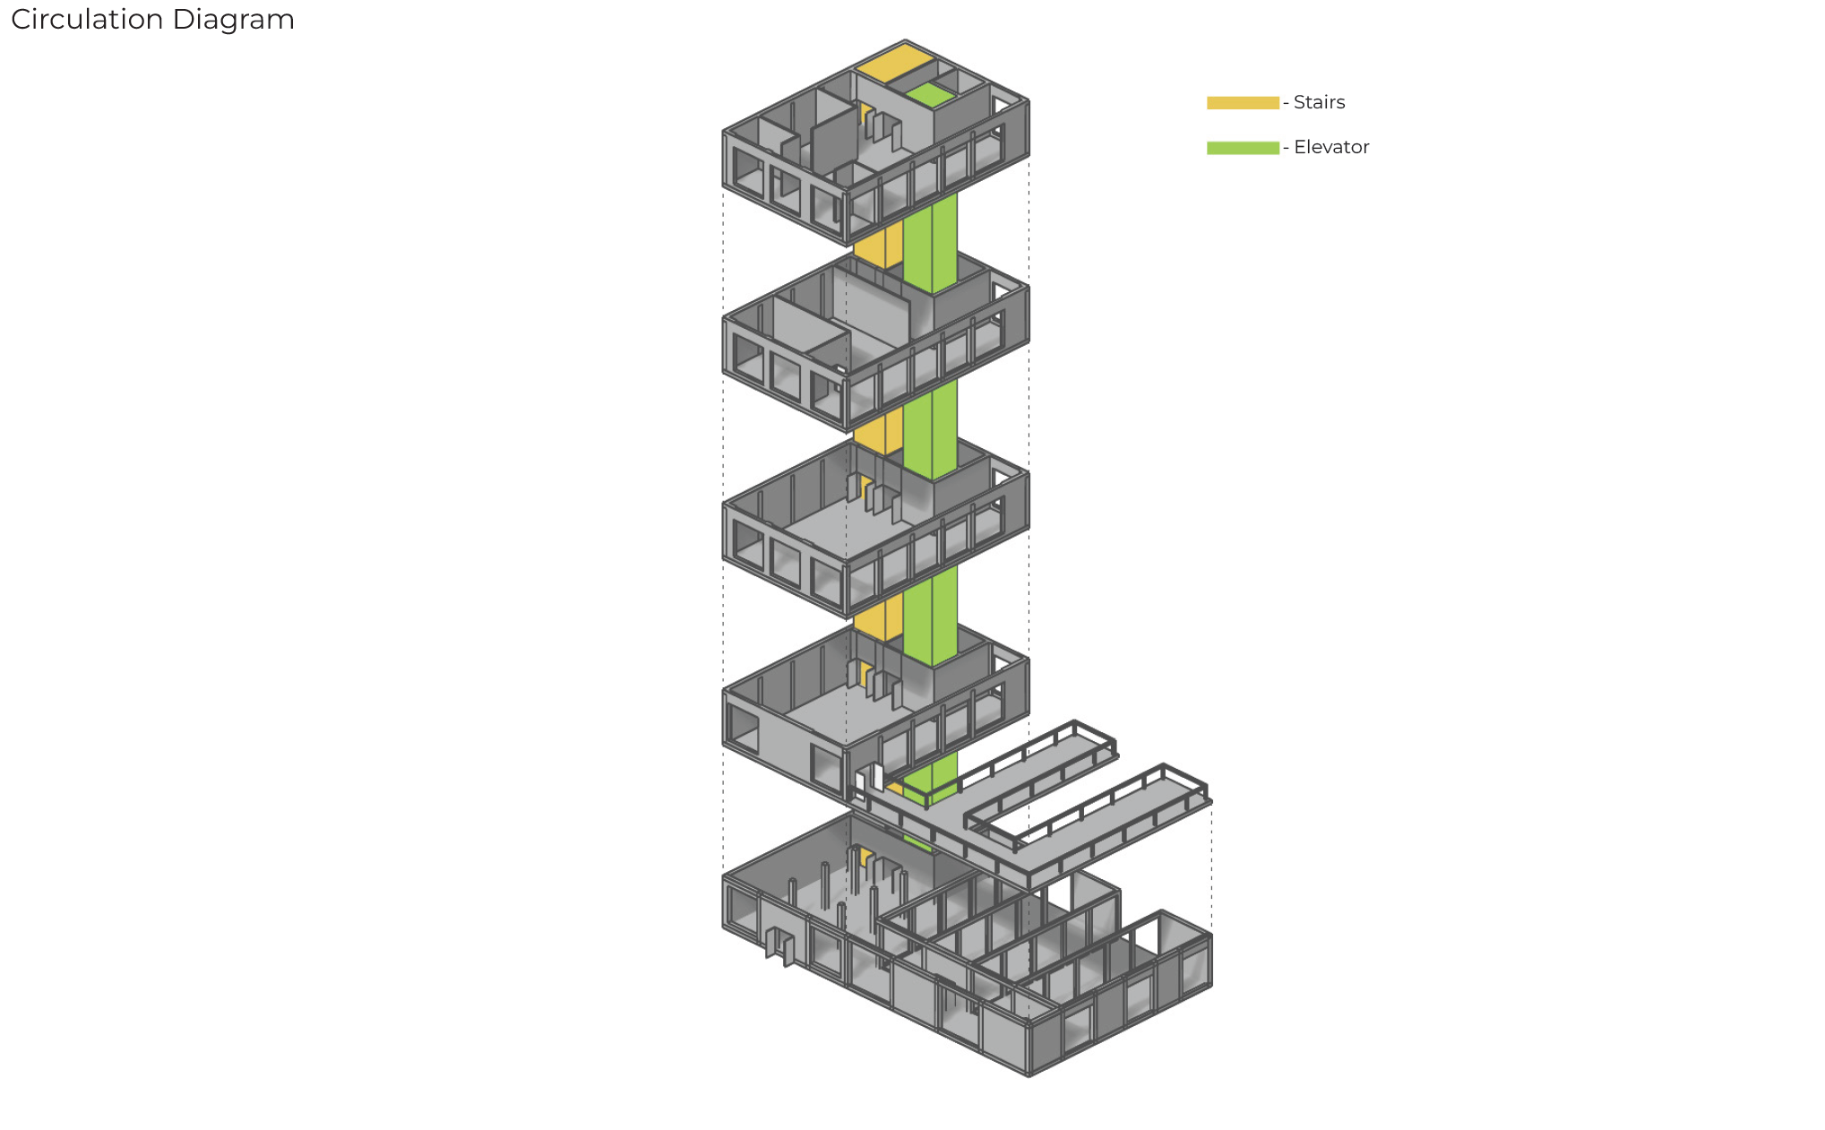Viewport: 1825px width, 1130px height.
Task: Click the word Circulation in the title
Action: click(87, 19)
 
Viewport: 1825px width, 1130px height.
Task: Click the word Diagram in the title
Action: click(233, 20)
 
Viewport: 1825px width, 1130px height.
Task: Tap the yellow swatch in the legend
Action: click(1243, 102)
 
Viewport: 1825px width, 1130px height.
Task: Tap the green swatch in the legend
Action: click(1243, 148)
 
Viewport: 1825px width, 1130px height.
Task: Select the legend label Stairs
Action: click(1319, 102)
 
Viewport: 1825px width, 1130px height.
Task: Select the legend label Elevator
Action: click(1331, 147)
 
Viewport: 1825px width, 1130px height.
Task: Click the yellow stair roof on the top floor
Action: click(893, 63)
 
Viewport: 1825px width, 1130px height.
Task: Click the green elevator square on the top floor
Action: click(930, 95)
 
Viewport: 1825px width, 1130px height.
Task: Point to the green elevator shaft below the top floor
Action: click(930, 242)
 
